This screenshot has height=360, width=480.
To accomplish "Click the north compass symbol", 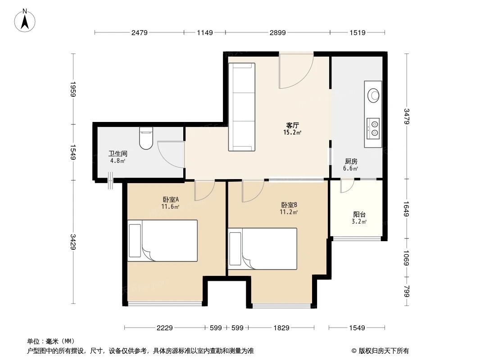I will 26,20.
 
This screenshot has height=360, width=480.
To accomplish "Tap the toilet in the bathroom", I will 146,139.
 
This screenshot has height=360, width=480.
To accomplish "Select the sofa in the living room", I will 242,107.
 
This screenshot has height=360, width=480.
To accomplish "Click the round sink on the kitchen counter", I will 374,95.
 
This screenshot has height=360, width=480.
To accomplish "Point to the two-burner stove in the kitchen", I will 373,128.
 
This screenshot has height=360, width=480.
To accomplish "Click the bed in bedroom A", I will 163,241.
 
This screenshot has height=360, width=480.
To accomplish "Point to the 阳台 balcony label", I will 359,215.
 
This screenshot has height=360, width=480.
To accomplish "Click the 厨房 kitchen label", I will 351,161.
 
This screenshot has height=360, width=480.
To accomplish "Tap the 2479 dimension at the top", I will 140,32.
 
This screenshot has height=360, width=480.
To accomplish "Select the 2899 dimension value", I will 277,32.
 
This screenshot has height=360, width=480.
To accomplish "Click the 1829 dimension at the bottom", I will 281,328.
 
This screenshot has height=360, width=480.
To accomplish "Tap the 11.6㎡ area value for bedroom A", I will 171,207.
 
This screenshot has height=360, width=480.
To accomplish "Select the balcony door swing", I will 347,186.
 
